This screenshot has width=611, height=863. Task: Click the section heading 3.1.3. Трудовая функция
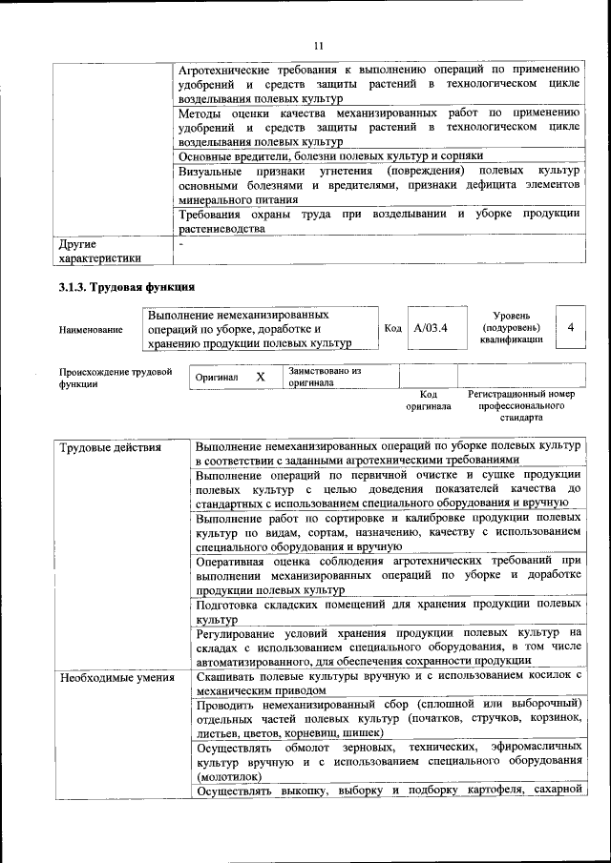pyautogui.click(x=126, y=286)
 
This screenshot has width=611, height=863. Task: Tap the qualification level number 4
pyautogui.click(x=570, y=327)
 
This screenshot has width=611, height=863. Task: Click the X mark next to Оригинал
pyautogui.click(x=260, y=377)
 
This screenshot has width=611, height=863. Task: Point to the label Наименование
pyautogui.click(x=91, y=329)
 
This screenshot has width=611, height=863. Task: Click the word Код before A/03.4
pyautogui.click(x=391, y=328)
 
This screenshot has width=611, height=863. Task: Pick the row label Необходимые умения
pyautogui.click(x=116, y=678)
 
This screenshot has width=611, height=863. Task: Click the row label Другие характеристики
pyautogui.click(x=99, y=250)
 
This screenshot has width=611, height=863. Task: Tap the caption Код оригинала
pyautogui.click(x=428, y=400)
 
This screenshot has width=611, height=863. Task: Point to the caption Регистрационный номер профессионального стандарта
pyautogui.click(x=520, y=405)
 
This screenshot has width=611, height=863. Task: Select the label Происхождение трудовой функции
pyautogui.click(x=116, y=377)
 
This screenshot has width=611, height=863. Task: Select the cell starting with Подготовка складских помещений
pyautogui.click(x=387, y=611)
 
